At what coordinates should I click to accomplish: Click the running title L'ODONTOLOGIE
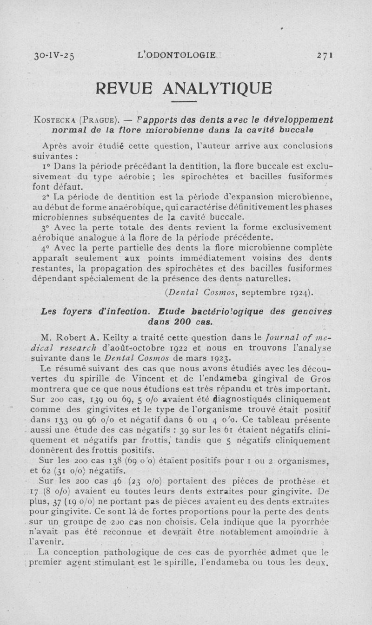(174, 55)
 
